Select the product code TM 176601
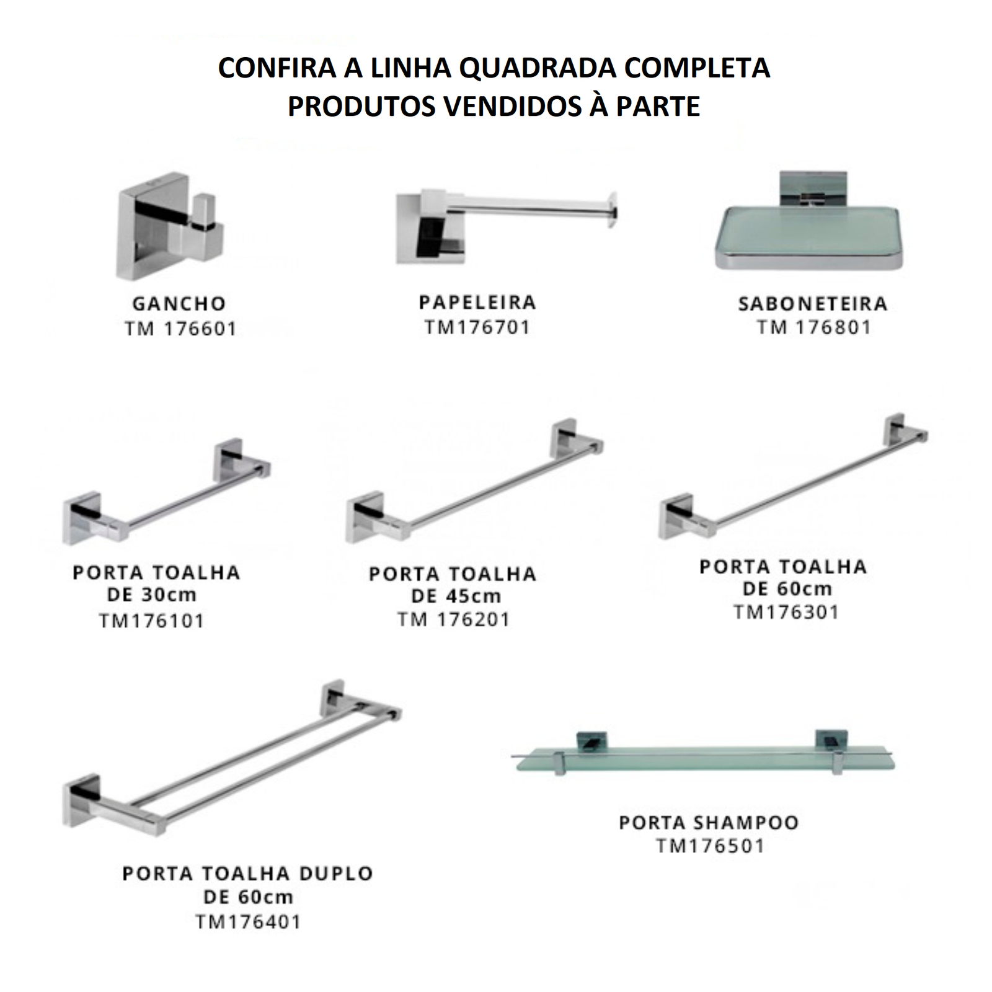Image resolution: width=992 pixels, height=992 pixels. pos(180,329)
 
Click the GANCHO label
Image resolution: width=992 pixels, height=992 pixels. pos(179,304)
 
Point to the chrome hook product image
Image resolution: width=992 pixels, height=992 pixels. pos(170,226)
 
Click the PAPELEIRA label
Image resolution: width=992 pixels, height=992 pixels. pos(477,303)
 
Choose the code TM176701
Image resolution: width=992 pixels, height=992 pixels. pos(477,327)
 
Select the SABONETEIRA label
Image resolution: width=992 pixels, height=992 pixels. pos(813,304)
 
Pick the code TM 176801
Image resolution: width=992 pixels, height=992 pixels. pos(813,327)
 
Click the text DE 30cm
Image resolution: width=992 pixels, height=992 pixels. pos(152,595)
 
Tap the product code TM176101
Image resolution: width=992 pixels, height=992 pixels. pos(152,621)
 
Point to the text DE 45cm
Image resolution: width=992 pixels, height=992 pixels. pos(456,596)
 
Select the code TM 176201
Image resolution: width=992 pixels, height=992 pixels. pos(454,619)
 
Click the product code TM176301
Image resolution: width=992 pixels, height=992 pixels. pos(787,612)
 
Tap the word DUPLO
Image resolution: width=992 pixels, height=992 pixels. pos(336,874)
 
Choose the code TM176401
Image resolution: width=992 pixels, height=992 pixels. pos(249,922)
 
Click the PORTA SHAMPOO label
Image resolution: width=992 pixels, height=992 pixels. pos(709,823)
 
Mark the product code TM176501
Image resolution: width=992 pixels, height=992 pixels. pos(711,846)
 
